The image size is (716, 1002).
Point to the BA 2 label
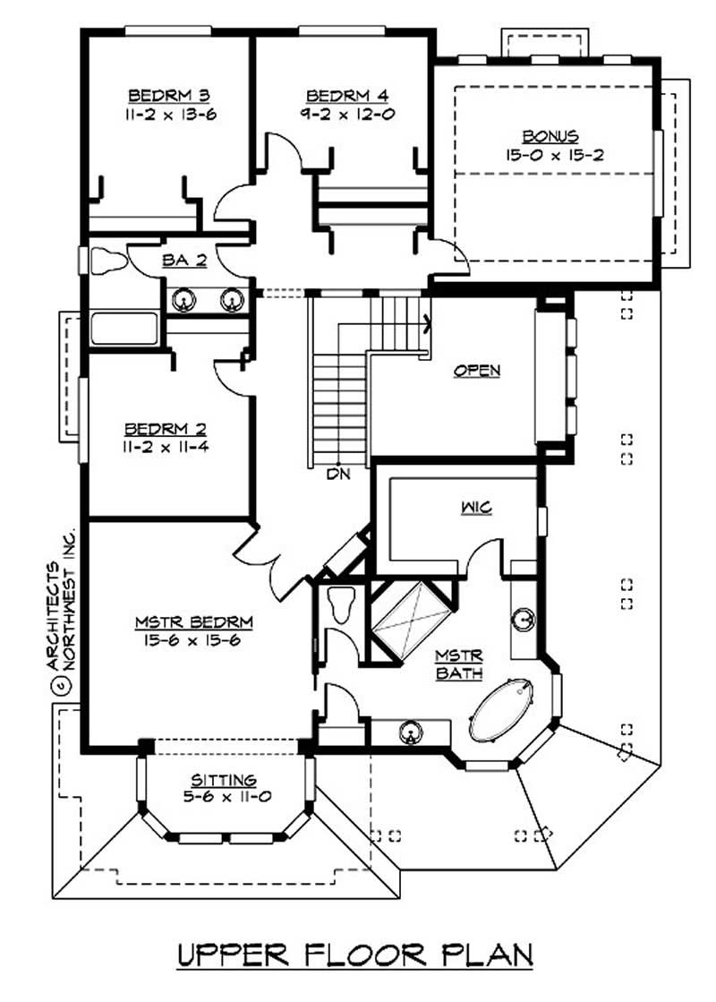[x=184, y=261]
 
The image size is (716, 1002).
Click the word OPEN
[x=476, y=370]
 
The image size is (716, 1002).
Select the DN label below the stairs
[x=337, y=471]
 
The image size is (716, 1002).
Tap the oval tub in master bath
[x=502, y=711]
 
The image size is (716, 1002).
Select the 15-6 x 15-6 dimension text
[x=194, y=640]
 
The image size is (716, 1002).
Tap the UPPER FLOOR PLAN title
[x=354, y=955]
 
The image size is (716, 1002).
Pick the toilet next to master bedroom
[x=341, y=606]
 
